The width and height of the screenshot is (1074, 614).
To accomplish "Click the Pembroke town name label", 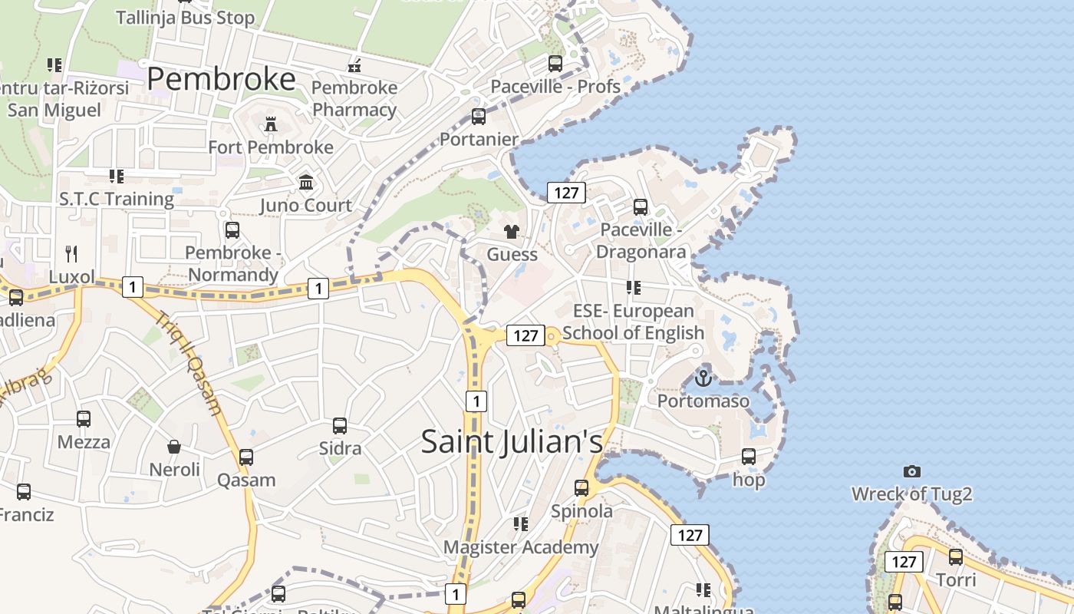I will [x=221, y=79].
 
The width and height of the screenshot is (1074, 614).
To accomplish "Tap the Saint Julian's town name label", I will [x=512, y=441].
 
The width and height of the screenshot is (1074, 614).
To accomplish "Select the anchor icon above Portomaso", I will [x=703, y=378].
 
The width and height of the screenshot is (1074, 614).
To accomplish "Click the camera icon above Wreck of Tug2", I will [x=911, y=471].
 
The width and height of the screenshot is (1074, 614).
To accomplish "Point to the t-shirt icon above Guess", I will [x=512, y=231].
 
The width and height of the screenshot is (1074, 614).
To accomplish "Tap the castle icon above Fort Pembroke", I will [x=270, y=124].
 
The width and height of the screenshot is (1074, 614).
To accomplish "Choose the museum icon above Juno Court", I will [x=306, y=183].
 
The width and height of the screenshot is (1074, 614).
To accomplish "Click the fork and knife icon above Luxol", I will [x=71, y=253].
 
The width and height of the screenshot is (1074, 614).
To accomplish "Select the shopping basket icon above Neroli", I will [x=174, y=447].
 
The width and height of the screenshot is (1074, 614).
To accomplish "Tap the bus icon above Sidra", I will [x=339, y=425].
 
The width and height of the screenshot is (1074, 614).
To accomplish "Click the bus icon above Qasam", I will [x=245, y=457].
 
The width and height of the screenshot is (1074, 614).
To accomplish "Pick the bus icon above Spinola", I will [x=581, y=488].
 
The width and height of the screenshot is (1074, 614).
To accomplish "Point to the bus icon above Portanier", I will [x=479, y=117].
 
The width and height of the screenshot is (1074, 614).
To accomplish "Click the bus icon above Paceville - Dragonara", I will [x=641, y=207].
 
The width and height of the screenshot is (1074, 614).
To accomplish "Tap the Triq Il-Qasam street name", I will [x=189, y=364].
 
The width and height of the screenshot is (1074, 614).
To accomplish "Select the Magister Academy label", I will [x=521, y=547].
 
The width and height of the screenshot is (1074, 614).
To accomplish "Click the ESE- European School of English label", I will [x=633, y=322].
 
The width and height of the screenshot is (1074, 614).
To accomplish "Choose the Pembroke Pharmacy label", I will [x=354, y=98].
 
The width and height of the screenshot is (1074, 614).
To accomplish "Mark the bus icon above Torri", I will [x=956, y=557].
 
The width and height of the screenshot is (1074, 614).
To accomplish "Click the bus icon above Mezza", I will [x=84, y=419].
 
